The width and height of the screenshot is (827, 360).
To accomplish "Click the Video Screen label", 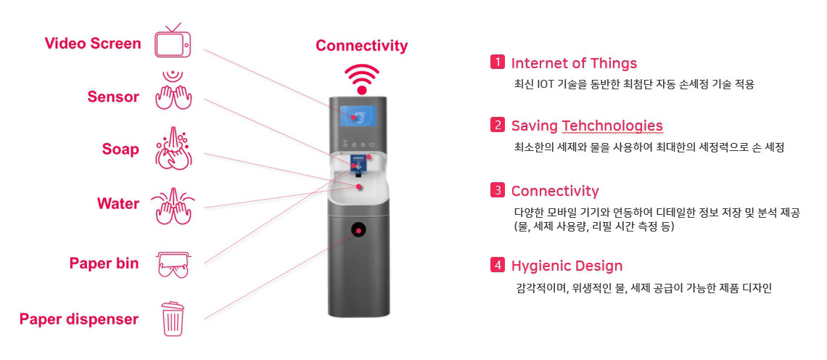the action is point(93,44).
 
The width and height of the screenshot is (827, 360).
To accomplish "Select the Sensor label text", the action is point(113,97).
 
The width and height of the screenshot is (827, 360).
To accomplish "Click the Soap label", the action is point(120,150).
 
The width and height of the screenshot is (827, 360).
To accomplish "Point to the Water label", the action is point(118,203).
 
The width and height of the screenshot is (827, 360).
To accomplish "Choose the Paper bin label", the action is point(104,263).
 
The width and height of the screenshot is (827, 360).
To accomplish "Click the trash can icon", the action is point(173,319).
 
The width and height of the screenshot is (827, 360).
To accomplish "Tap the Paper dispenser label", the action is point(79,319).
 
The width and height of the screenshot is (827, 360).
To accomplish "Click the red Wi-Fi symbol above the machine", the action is point(362,79).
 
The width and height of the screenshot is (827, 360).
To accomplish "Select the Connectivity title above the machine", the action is point(362,46).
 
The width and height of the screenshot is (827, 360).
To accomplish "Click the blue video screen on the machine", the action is point(358,117).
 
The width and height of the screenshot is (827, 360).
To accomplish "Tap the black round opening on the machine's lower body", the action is point(359,229).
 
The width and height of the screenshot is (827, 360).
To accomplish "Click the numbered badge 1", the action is point(498,62).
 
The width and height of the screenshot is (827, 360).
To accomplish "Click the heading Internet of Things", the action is point(574,63).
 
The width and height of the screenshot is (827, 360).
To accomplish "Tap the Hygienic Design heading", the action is point(567,266).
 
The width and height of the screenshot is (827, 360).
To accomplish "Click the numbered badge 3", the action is point(498,189).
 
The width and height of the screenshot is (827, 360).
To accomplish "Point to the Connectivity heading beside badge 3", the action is point(555,191).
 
